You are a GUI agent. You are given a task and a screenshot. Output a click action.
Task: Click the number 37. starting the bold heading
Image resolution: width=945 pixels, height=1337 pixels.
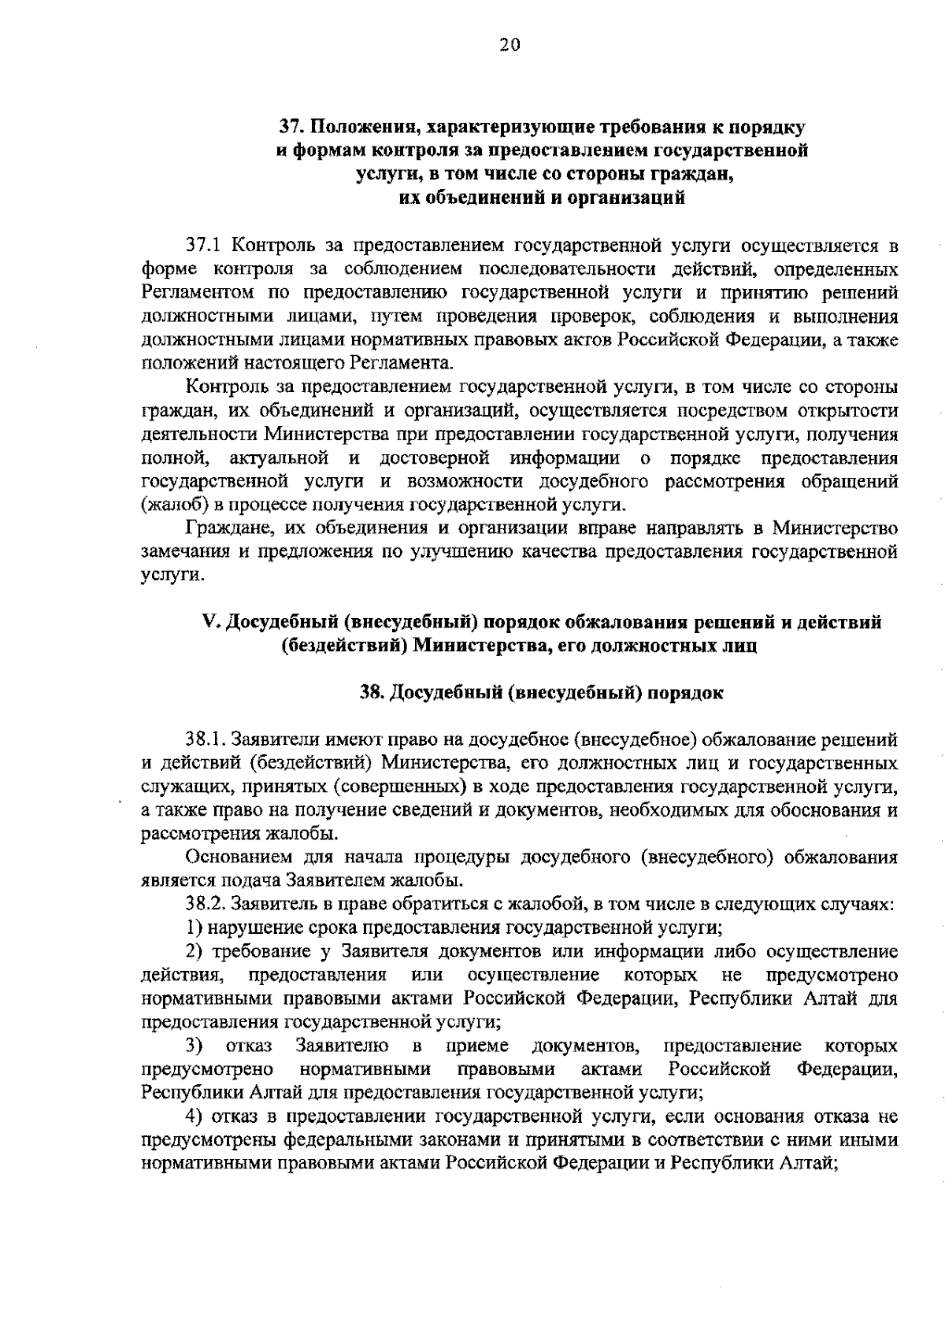294,127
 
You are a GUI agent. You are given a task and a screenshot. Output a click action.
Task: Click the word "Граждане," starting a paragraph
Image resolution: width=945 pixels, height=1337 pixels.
222,528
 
